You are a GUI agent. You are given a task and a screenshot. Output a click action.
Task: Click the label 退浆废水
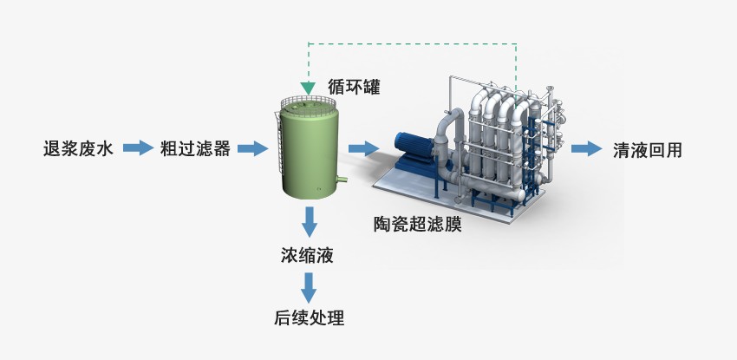[78, 149]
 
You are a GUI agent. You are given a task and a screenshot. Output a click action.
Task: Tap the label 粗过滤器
[195, 149]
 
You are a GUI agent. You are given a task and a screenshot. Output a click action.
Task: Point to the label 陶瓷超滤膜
[417, 225]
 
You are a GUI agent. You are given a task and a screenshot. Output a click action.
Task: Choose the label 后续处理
[309, 317]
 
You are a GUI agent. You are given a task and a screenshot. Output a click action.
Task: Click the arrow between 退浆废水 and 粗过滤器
[137, 149]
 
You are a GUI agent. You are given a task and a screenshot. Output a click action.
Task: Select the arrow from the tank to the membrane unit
[364, 149]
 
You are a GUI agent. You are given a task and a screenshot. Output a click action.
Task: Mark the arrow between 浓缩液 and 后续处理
[309, 286]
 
